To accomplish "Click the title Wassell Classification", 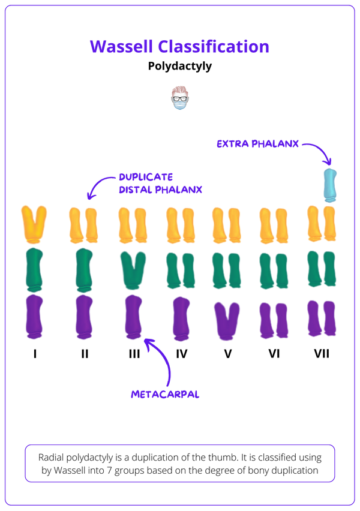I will point(179,47).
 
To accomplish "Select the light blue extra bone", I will point(329,185).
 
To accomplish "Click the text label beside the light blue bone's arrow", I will point(257,144).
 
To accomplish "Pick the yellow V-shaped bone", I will point(34,223).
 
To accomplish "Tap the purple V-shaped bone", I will point(226,319).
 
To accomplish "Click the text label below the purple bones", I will point(165,395).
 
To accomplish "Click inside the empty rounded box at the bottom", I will point(179,462).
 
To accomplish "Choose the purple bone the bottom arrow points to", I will point(132,317).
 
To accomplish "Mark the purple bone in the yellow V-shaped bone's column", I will point(34,317).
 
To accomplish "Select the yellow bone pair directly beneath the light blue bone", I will point(321,225).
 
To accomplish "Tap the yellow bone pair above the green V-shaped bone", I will point(132,225).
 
